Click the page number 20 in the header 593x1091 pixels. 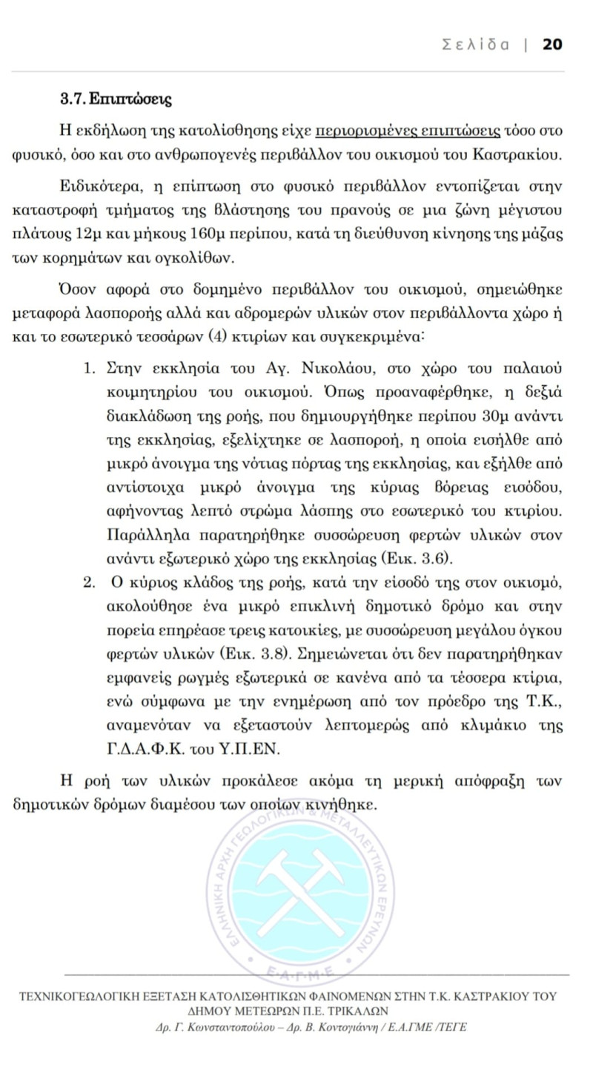coord(552,44)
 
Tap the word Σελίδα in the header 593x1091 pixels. coord(475,44)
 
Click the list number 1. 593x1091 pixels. coord(89,367)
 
